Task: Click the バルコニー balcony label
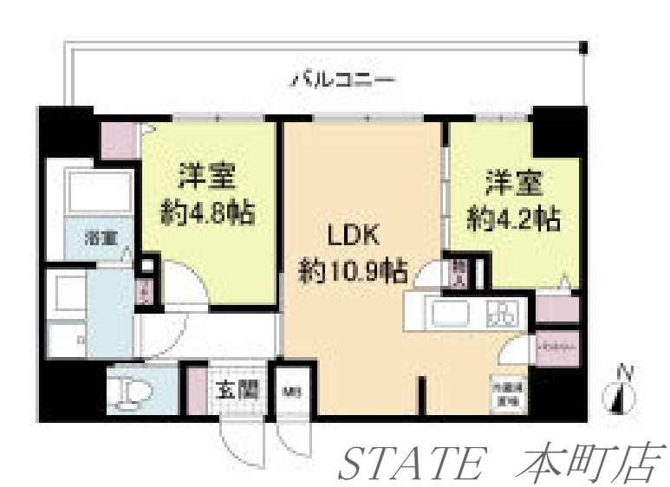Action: tap(342, 81)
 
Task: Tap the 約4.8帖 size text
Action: tap(208, 212)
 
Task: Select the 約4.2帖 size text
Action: tap(511, 218)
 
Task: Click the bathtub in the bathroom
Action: tap(99, 195)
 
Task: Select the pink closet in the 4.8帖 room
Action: tap(118, 140)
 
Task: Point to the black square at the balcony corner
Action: tap(584, 46)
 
